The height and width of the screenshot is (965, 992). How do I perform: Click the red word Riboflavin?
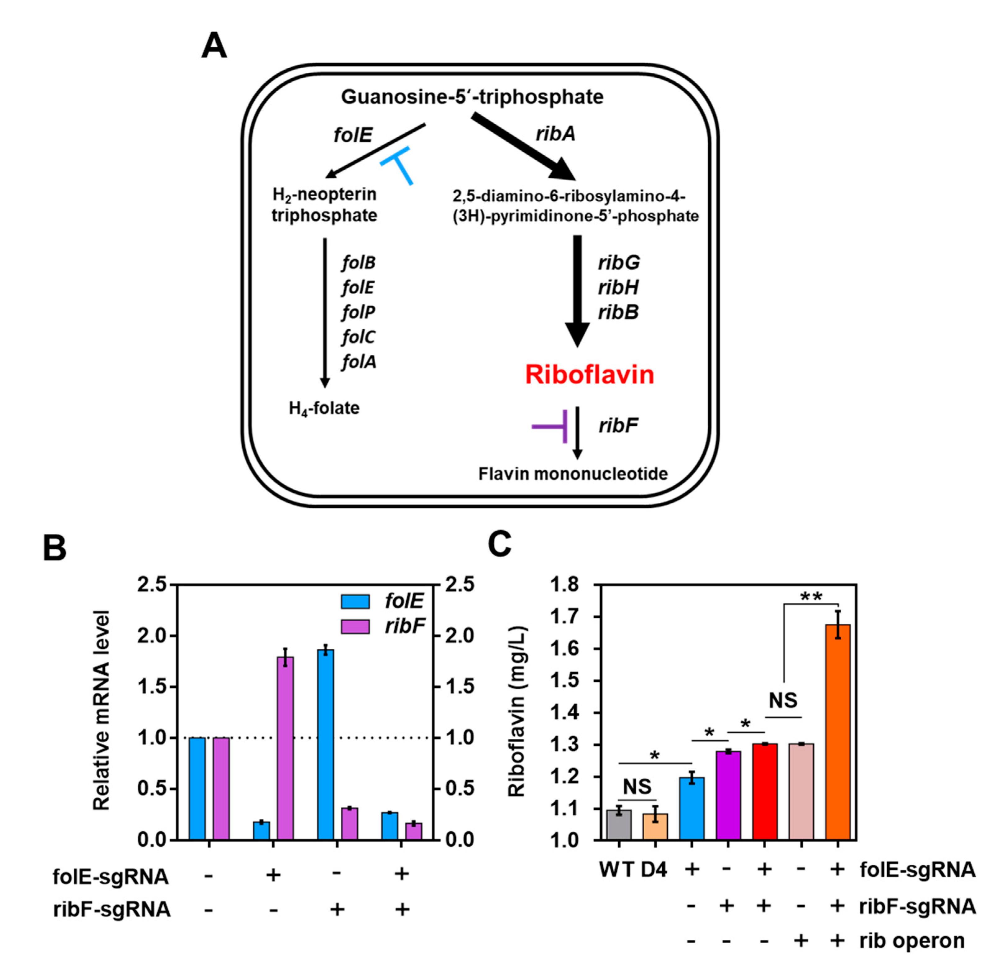click(x=589, y=375)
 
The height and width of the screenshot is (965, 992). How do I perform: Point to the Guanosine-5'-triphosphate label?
click(x=472, y=96)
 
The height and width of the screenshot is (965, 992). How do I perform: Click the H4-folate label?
click(x=324, y=408)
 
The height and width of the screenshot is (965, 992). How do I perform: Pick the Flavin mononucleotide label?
click(x=573, y=474)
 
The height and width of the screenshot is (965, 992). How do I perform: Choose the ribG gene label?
click(x=619, y=263)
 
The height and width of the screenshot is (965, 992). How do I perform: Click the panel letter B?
click(x=54, y=548)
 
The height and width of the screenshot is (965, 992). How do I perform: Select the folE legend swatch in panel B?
click(x=356, y=601)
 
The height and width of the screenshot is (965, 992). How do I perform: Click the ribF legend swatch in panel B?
click(x=356, y=627)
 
